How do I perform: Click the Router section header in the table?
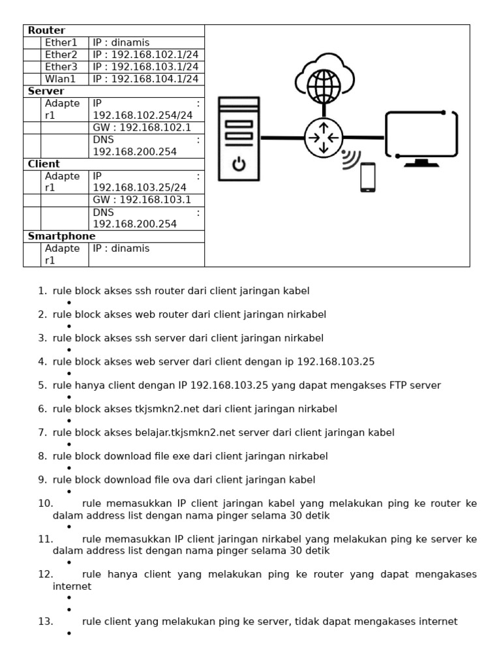pyautogui.click(x=46, y=31)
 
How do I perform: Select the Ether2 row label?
pyautogui.click(x=61, y=55)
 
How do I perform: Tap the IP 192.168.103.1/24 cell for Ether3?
pyautogui.click(x=145, y=67)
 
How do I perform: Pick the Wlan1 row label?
pyautogui.click(x=60, y=79)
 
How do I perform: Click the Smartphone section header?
pyautogui.click(x=61, y=236)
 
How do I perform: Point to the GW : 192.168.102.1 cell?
pyautogui.click(x=142, y=127)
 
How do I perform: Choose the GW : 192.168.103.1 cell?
pyautogui.click(x=142, y=200)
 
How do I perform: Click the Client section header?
pyautogui.click(x=44, y=164)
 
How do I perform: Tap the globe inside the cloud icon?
pyautogui.click(x=324, y=84)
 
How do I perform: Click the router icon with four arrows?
pyautogui.click(x=324, y=138)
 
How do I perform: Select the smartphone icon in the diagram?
pyautogui.click(x=369, y=177)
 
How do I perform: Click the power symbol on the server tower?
pyautogui.click(x=239, y=164)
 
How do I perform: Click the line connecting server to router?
pyautogui.click(x=282, y=138)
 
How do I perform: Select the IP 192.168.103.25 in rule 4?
pyautogui.click(x=335, y=361)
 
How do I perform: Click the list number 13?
pyautogui.click(x=45, y=622)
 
